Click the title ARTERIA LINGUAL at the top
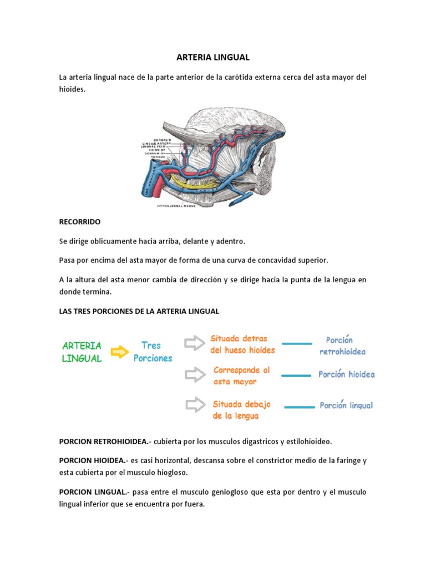(x=212, y=57)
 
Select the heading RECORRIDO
(x=80, y=221)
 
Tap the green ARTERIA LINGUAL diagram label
(x=82, y=352)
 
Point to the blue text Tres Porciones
(x=153, y=352)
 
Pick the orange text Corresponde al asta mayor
(x=241, y=376)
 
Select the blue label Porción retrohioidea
(x=342, y=346)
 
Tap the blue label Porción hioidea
(x=347, y=374)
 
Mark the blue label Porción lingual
(x=346, y=405)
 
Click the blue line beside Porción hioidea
(x=297, y=376)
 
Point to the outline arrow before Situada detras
(x=194, y=344)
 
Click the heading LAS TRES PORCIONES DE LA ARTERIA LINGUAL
(x=139, y=311)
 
